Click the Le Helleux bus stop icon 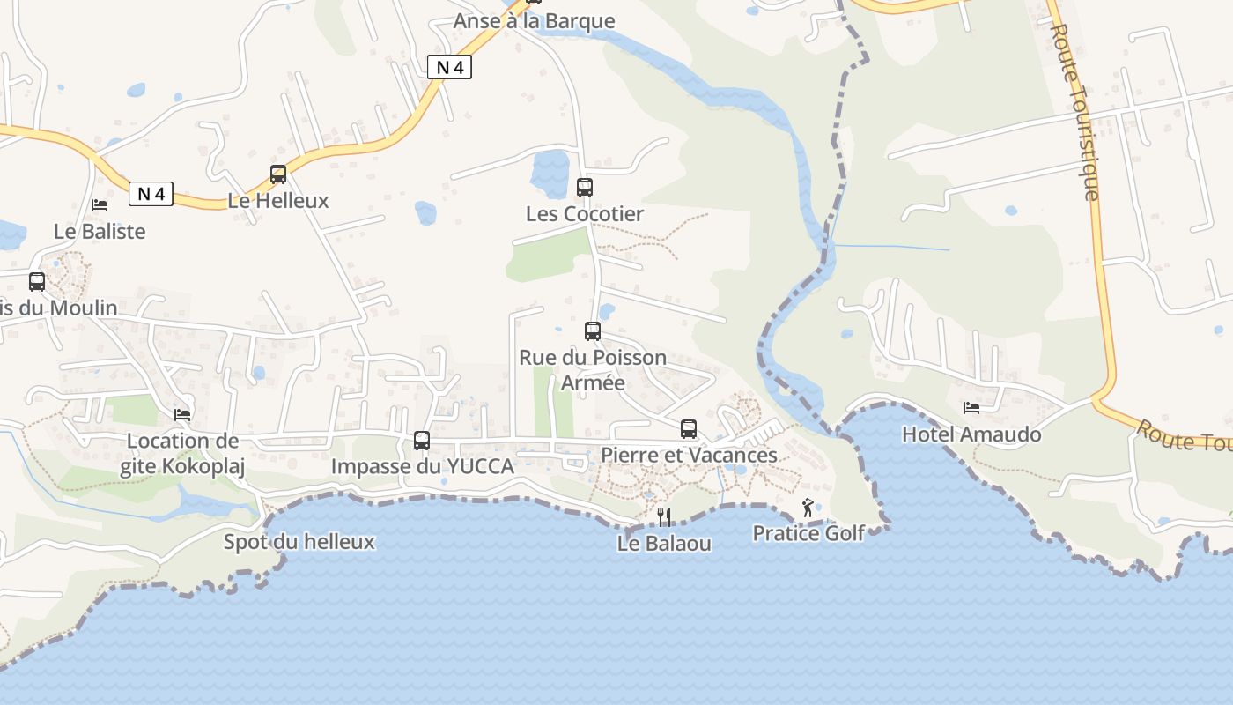[278, 174]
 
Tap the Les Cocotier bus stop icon [585, 188]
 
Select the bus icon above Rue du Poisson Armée [593, 331]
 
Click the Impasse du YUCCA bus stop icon [422, 441]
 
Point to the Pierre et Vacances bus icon [689, 429]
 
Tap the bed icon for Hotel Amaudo [971, 407]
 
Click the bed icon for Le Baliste [100, 205]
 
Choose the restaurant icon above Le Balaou [665, 516]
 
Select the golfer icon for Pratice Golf [808, 508]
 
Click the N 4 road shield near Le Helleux [151, 194]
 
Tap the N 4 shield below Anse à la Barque [449, 67]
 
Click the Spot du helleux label [299, 541]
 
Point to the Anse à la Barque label [534, 21]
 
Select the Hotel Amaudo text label [971, 434]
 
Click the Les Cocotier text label [585, 214]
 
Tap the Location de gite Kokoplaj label [182, 454]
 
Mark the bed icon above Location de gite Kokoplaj [182, 414]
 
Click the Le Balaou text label [664, 544]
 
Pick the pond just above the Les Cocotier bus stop [550, 169]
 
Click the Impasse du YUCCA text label [422, 467]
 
